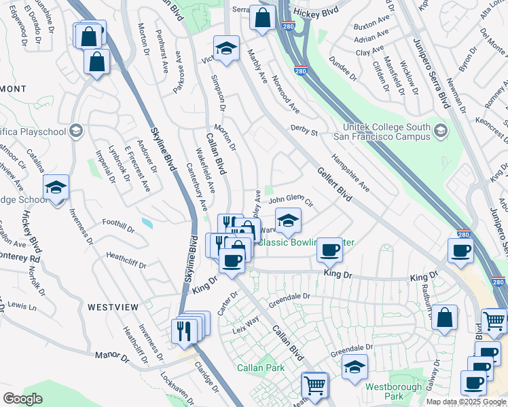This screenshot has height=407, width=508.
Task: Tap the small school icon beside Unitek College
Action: pos(442,130)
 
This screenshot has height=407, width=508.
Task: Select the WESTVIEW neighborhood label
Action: pos(113,307)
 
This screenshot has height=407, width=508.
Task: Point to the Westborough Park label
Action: pos(389,391)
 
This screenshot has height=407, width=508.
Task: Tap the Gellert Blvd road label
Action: pos(334,185)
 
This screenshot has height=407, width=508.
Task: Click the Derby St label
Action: pos(304,129)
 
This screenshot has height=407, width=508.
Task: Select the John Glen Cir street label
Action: pos(290,200)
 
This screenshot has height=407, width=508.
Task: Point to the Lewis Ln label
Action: pos(22,307)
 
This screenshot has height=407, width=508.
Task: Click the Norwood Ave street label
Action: pos(285,94)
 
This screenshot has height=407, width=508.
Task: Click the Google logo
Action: pos(22,399)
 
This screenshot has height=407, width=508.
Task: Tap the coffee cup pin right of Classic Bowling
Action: pos(330,250)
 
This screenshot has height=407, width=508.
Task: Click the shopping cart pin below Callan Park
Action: pos(315,385)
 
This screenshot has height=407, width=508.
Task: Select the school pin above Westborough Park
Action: pos(355,367)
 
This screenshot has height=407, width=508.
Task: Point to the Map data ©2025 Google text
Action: pos(465,402)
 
